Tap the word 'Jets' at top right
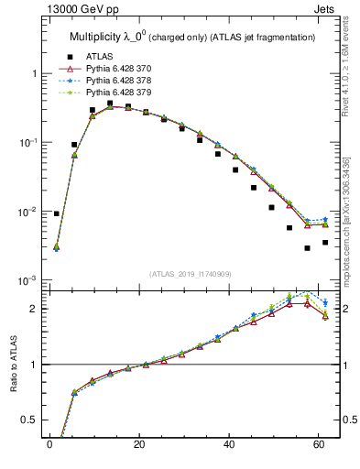(324, 9)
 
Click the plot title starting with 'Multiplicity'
(192, 38)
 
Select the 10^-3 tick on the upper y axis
(27, 280)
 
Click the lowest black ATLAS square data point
(307, 247)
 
